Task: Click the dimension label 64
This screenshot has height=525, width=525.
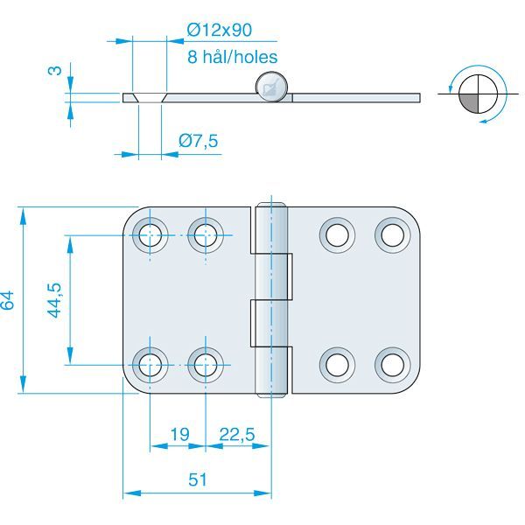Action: click(x=9, y=299)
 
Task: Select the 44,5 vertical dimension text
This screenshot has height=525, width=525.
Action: click(x=54, y=299)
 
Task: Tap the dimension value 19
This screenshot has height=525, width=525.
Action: click(x=178, y=433)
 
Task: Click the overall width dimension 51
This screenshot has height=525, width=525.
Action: click(x=198, y=479)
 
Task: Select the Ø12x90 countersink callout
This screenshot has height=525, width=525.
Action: click(x=220, y=30)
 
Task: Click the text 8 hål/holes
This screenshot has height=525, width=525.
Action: click(x=232, y=57)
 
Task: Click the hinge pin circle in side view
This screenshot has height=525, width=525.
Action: click(x=271, y=87)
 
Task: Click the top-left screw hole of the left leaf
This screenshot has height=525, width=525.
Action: click(x=150, y=234)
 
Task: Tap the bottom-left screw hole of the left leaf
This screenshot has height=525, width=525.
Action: click(x=150, y=361)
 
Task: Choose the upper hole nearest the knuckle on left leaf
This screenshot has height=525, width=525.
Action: click(x=206, y=234)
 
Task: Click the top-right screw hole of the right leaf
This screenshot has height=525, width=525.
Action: click(x=393, y=234)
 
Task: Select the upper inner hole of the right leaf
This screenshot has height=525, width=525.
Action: click(x=337, y=234)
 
